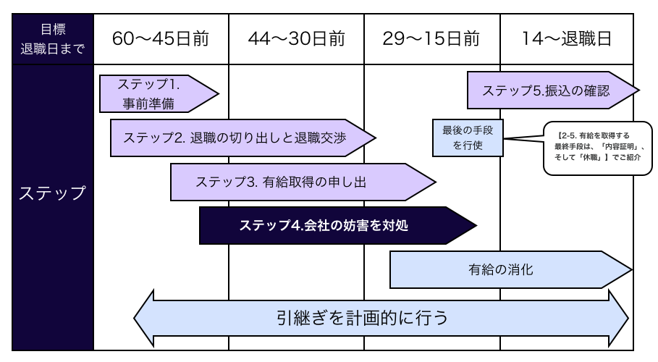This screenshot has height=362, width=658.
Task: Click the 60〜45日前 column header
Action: (x=161, y=38)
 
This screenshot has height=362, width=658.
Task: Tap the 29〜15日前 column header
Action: (x=431, y=38)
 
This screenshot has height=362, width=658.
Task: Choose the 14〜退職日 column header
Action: (x=567, y=38)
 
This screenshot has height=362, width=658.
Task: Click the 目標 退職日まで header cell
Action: (x=52, y=38)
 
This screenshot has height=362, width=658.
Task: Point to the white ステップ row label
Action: (x=52, y=193)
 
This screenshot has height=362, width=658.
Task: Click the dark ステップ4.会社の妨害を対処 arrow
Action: (x=329, y=225)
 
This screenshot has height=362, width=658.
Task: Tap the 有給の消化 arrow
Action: (x=507, y=270)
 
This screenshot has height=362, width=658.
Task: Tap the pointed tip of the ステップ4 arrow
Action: (x=474, y=225)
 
